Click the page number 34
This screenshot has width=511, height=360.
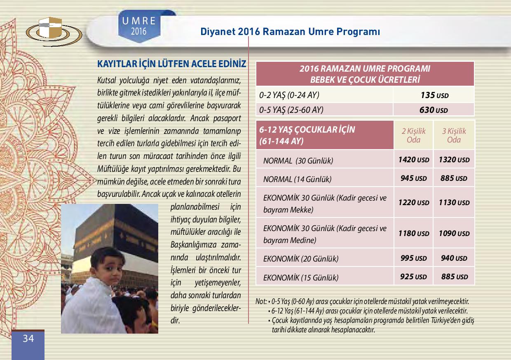point(28,339)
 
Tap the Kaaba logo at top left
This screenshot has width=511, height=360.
point(54,30)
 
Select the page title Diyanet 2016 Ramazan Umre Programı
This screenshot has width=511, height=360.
point(290,32)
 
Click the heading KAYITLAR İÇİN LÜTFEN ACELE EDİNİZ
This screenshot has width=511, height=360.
point(171,64)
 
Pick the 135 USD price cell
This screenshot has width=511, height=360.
point(434,95)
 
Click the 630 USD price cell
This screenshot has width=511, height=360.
point(434,110)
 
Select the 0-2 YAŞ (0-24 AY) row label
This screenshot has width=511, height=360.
point(290,95)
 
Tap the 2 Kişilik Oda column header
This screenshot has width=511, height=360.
point(413,135)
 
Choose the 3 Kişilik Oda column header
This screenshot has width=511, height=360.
point(454,135)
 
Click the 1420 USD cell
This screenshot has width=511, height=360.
point(413,159)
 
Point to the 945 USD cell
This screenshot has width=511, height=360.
point(413,178)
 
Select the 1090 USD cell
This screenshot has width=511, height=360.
point(454,233)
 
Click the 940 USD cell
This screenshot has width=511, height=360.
point(454,258)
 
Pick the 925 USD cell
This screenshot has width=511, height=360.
point(413,276)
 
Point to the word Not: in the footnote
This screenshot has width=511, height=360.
point(261,301)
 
